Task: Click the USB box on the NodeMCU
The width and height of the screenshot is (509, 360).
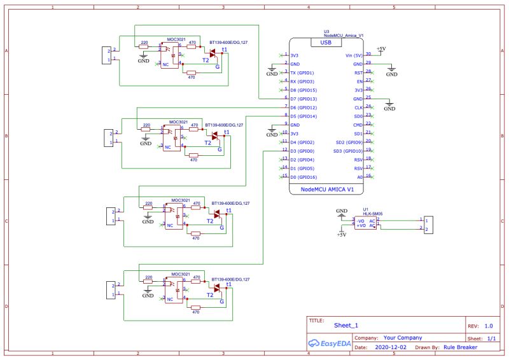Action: coord(326,43)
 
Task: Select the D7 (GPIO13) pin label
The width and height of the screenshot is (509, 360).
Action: coord(303,99)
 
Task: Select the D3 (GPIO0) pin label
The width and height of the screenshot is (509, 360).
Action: coord(302,151)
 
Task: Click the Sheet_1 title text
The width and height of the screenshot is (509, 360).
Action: coord(346,325)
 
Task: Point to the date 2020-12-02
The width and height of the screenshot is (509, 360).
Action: coord(391,348)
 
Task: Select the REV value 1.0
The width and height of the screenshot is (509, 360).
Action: coord(489,325)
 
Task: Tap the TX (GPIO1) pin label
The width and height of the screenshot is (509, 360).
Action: coord(302,73)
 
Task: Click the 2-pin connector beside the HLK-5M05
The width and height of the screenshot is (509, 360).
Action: coord(428,225)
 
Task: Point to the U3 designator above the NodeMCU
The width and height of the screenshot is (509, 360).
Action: coord(326,31)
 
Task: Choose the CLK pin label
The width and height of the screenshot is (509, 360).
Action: coord(358,108)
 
